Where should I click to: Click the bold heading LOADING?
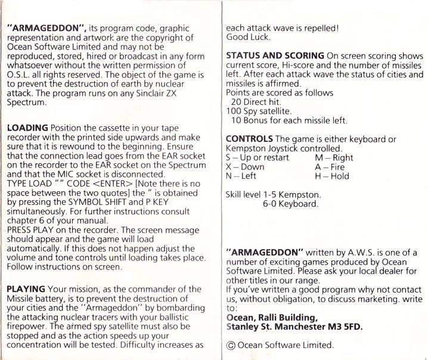click(27, 128)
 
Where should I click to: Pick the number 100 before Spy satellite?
click(234, 111)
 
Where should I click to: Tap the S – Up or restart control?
click(258, 157)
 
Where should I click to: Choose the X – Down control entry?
click(245, 167)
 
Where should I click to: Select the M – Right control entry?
click(334, 157)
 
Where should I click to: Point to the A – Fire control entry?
click(330, 167)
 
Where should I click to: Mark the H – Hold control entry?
click(331, 176)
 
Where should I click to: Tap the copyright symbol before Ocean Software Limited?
click(231, 345)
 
